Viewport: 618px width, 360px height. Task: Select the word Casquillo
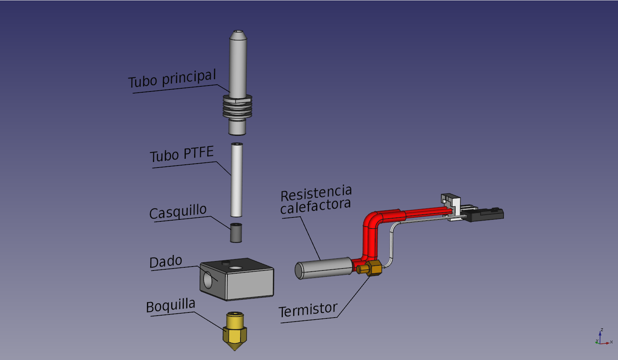coord(178,212)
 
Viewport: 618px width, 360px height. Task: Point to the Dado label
coord(166,262)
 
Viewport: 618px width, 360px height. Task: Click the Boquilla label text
coord(171,306)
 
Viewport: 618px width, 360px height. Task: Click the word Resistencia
coord(316,193)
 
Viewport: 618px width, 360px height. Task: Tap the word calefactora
coord(315,206)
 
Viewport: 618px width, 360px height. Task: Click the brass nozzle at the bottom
coord(235,331)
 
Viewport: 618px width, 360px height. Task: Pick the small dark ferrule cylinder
coord(236,233)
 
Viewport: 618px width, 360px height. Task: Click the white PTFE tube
coord(237,180)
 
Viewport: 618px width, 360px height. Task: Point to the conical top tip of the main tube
coord(238,35)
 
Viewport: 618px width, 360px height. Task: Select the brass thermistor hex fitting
coord(373,268)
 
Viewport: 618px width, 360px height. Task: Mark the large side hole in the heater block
coord(208,280)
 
